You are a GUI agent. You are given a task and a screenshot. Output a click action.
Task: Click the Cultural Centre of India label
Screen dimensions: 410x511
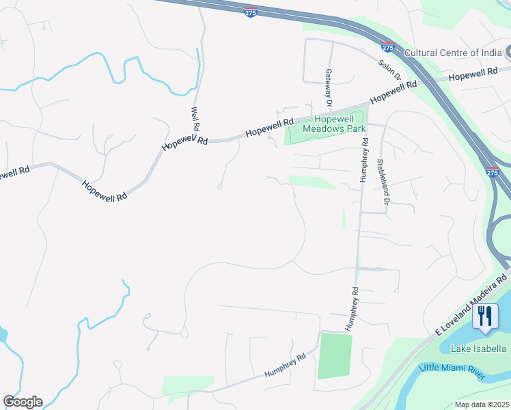click(x=452, y=53)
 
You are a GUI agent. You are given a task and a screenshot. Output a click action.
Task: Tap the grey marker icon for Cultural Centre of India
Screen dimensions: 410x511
click(x=508, y=53)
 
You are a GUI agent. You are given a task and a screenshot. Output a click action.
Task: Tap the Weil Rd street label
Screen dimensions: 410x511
click(x=195, y=118)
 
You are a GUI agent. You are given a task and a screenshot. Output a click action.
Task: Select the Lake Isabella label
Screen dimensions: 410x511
click(x=478, y=348)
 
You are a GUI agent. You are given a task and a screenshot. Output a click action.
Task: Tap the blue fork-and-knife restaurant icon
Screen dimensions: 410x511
click(x=485, y=316)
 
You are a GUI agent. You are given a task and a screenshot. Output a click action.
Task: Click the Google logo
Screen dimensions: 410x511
click(x=23, y=402)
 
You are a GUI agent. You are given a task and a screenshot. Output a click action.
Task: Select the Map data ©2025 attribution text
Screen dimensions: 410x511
click(x=482, y=405)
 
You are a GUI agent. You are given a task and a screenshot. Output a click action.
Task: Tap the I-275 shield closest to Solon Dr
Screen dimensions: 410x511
click(x=388, y=48)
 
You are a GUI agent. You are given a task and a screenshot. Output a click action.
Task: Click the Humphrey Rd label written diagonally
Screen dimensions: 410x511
click(x=286, y=367)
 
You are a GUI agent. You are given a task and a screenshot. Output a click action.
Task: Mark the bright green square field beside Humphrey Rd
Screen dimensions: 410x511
click(x=335, y=355)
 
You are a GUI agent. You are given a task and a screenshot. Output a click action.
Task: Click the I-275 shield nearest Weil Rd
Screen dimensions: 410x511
click(x=251, y=12)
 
